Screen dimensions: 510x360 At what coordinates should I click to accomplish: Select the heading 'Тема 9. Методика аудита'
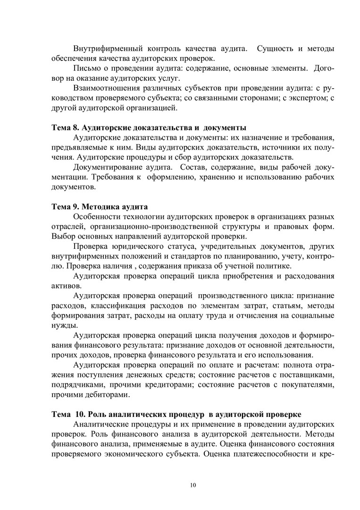pos(100,206)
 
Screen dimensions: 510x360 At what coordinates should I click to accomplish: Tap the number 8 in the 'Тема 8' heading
pos(75,127)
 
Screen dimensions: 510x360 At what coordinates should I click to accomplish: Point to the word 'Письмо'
pos(86,69)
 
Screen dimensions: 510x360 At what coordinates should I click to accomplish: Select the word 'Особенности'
pos(97,216)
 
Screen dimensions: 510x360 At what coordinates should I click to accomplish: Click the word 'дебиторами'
pos(103,395)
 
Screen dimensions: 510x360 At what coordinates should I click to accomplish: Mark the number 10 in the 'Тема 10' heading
pos(78,414)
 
